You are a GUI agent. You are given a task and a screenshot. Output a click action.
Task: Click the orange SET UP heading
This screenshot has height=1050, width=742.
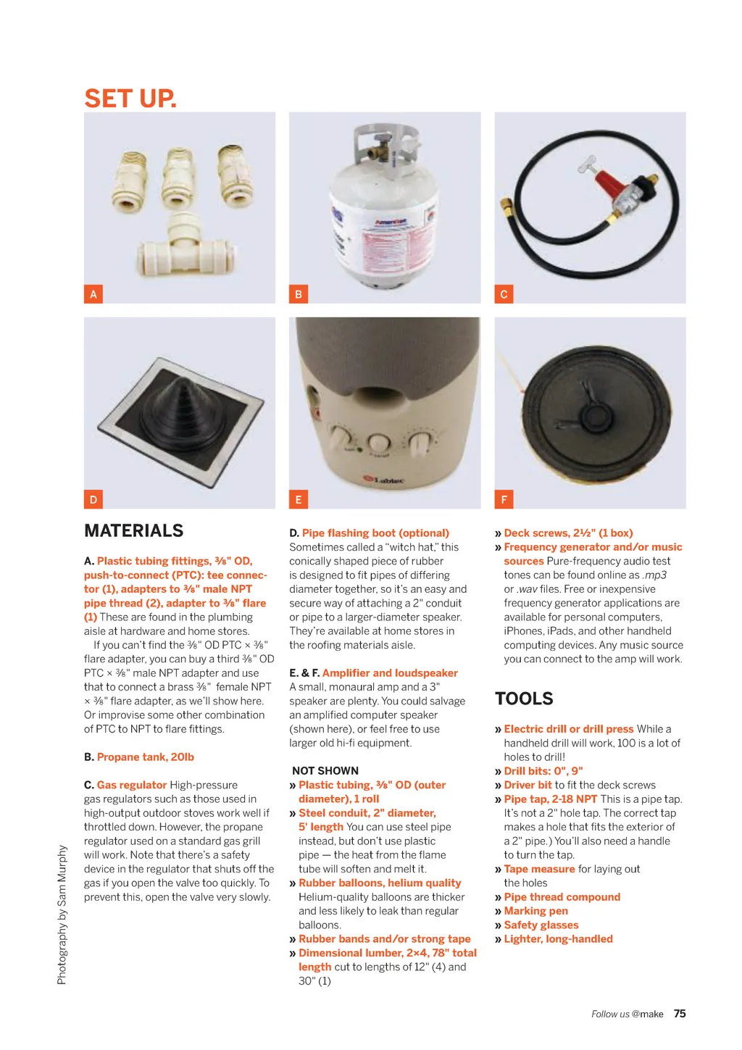130,99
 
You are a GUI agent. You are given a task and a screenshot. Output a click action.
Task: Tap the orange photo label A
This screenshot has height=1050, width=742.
93,294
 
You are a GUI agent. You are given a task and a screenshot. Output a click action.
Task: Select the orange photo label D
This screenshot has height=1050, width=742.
93,499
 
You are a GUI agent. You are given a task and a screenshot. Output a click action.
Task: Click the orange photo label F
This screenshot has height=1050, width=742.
504,499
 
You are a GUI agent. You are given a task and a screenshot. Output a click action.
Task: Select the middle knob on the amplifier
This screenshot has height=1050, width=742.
379,441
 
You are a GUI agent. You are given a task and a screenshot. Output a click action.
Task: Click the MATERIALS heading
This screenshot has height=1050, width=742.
134,530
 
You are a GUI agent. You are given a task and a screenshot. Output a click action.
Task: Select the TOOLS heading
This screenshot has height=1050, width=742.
524,699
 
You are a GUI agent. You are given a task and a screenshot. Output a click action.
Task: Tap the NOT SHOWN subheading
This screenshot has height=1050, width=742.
325,770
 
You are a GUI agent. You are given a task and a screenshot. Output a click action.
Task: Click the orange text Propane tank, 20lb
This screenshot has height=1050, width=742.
146,757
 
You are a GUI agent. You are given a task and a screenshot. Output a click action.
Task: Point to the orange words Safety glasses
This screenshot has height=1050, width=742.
541,925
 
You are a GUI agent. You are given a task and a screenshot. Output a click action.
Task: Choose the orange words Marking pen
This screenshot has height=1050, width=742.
535,911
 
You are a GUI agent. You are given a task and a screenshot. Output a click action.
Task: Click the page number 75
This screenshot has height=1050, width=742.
680,1014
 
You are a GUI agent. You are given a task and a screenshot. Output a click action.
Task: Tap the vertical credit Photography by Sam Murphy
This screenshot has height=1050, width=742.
62,914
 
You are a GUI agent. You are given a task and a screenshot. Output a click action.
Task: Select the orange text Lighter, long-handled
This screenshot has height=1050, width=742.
558,938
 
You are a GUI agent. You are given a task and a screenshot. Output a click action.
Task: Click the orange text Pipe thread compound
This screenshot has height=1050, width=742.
562,896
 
